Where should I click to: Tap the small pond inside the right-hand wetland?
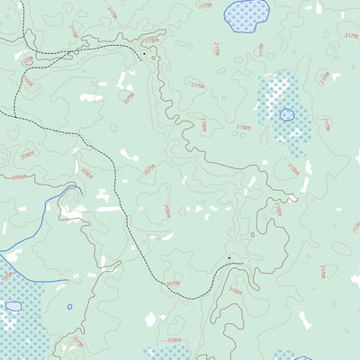287,114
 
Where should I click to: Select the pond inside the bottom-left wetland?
13,306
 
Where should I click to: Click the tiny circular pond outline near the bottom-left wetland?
69,306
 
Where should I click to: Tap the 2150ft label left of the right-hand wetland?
243,128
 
